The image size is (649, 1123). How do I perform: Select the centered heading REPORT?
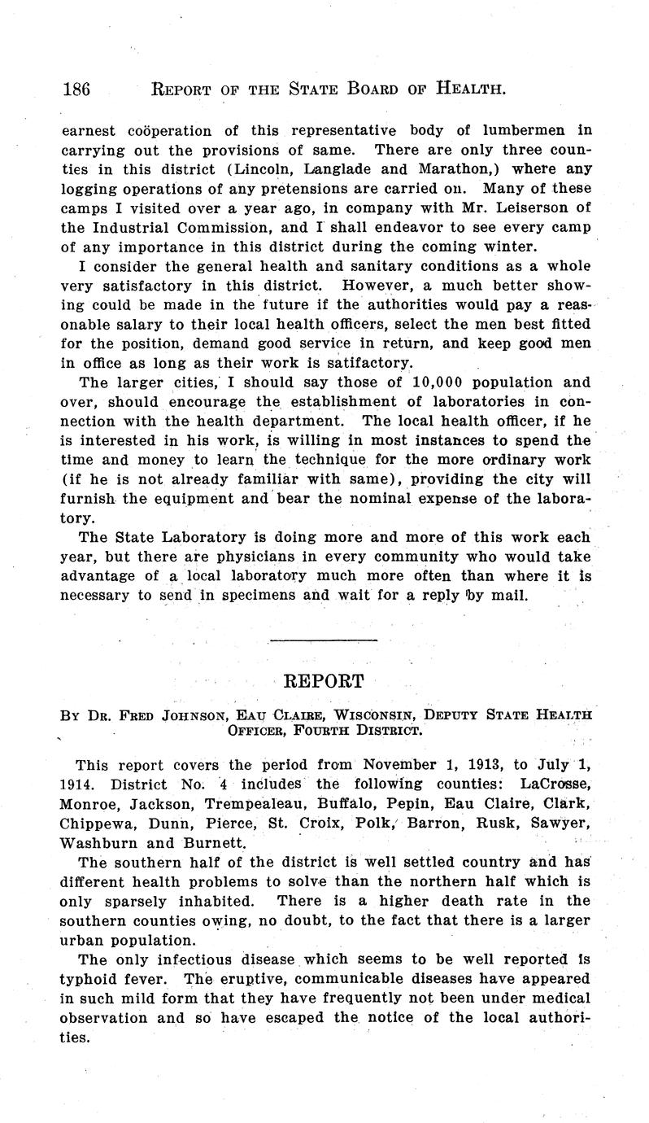click(324, 680)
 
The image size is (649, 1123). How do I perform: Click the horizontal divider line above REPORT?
click(324, 640)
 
